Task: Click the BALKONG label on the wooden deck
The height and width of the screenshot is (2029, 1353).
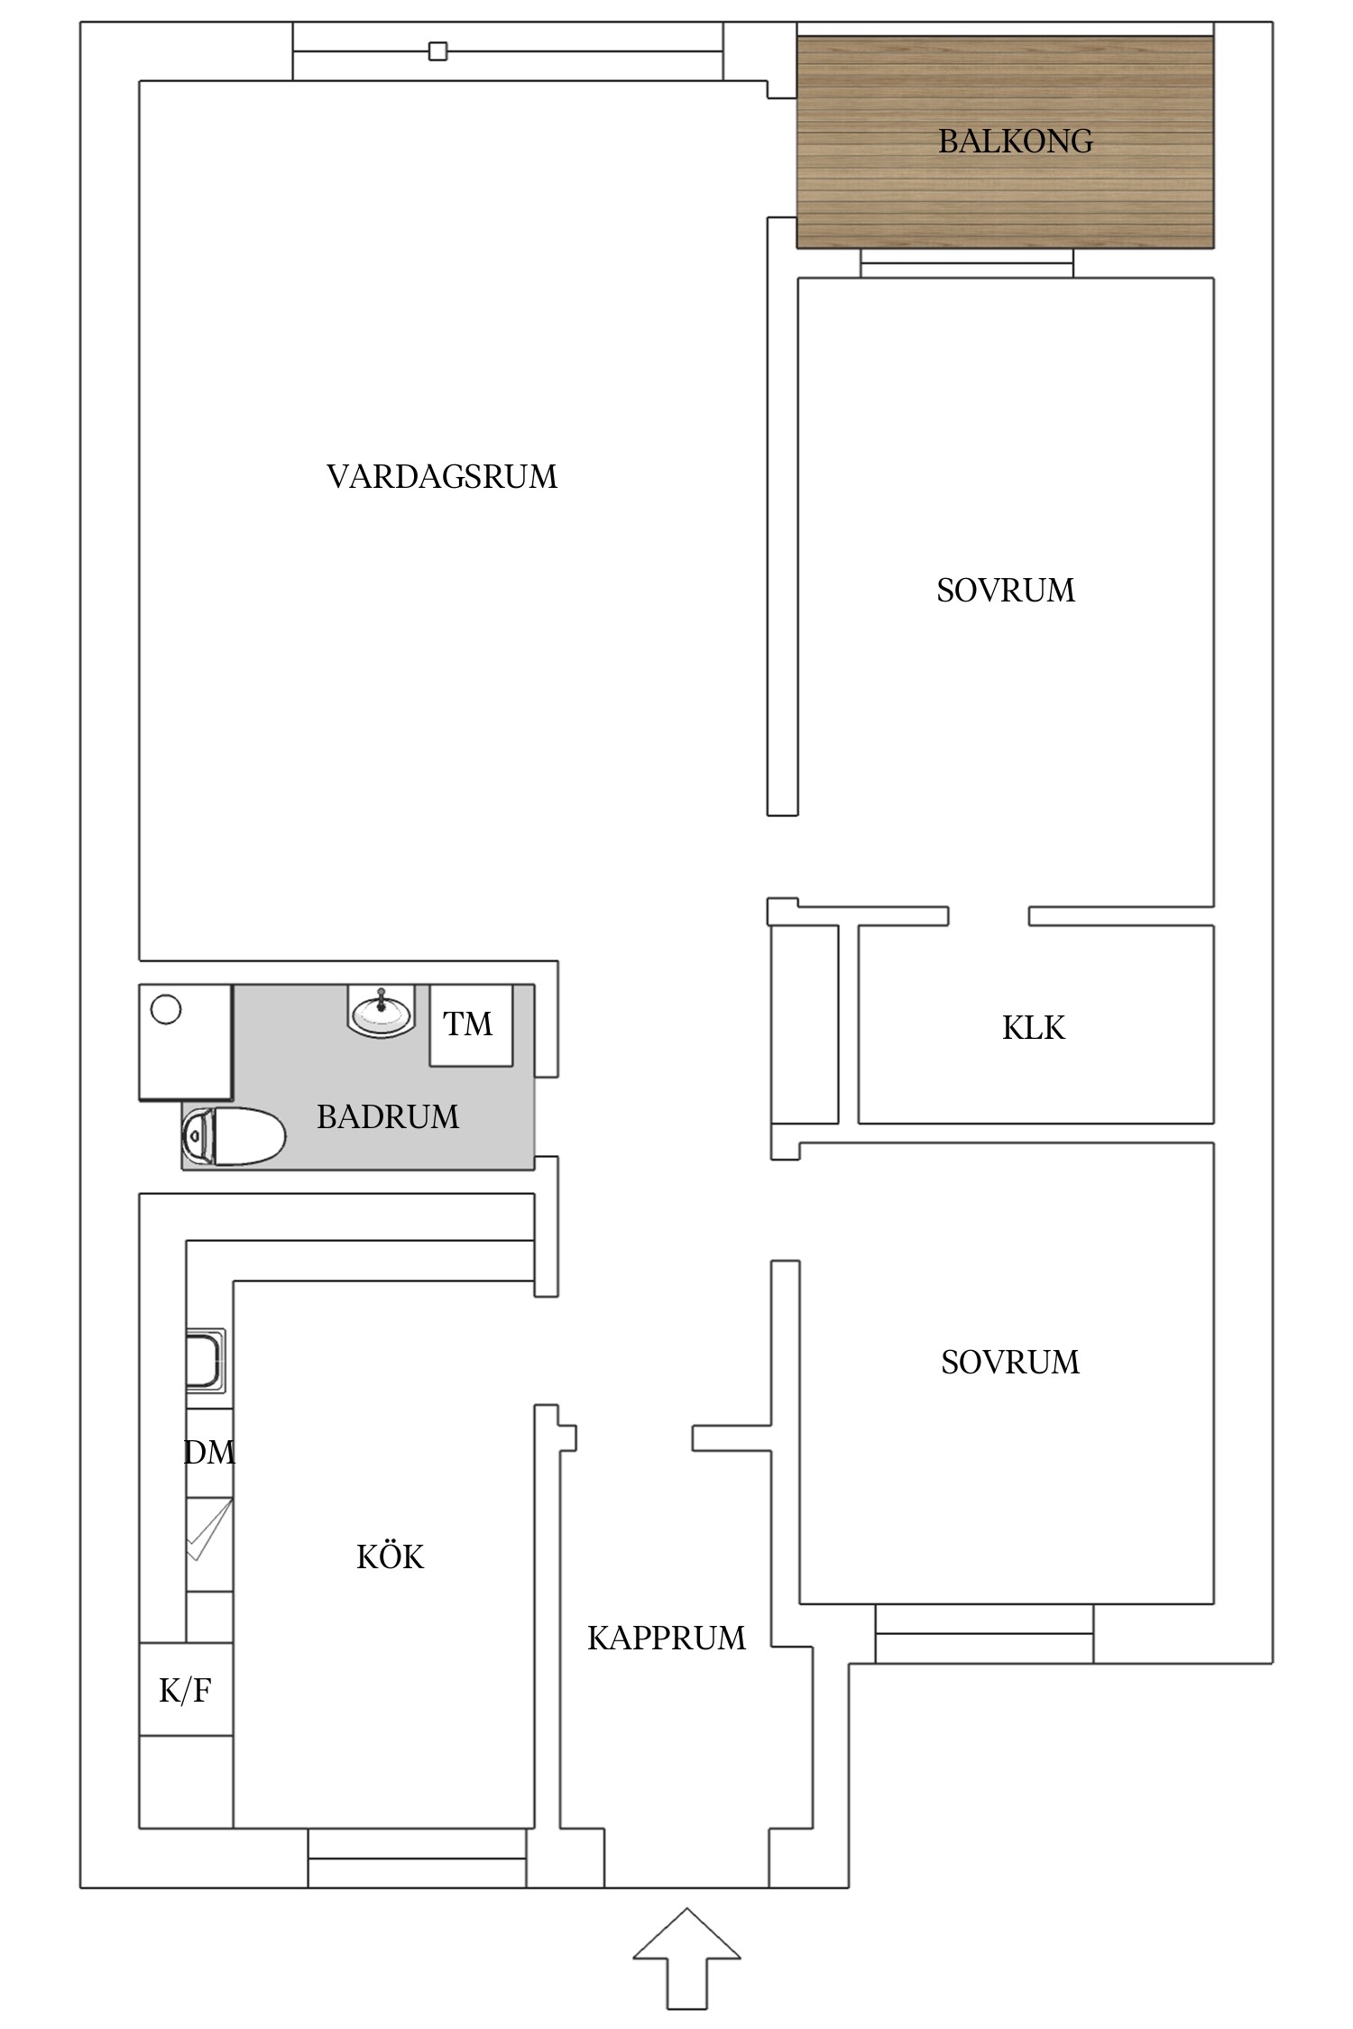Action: coord(1015,142)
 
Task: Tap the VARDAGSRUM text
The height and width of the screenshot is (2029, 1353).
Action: coord(442,477)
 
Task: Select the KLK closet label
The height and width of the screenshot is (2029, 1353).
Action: coord(1033,1028)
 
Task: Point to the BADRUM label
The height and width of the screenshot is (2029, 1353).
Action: coord(387,1117)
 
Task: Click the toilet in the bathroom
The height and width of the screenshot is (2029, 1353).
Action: coord(234,1136)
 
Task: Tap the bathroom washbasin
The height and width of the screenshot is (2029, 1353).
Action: coord(382,1011)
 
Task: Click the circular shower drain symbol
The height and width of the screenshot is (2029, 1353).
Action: coord(166,1009)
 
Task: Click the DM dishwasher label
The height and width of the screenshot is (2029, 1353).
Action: coord(209,1453)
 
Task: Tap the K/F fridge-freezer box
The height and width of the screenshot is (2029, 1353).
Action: coord(186,1691)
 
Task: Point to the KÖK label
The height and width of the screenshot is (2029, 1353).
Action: coord(390,1557)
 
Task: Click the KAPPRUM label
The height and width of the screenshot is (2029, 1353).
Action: coord(666,1639)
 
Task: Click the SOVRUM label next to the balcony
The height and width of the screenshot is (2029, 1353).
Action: coord(1006,591)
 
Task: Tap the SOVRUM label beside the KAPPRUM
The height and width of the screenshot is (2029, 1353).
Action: coord(1009,1363)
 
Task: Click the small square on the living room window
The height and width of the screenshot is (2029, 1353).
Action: coord(437,51)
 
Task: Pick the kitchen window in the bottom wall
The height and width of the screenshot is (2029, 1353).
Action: coord(417,1859)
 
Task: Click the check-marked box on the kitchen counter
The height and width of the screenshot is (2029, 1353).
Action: coord(209,1529)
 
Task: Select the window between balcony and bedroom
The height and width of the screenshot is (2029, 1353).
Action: coord(966,263)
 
